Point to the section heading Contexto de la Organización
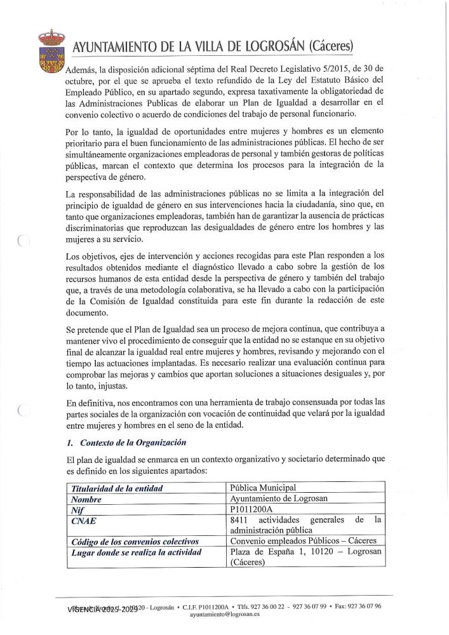[x=130, y=443]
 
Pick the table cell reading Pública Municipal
[x=263, y=488]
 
